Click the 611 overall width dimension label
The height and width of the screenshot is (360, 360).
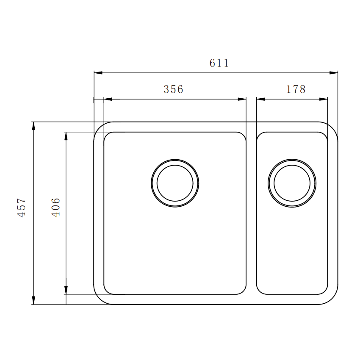coord(219,64)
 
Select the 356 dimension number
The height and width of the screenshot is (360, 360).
coord(173,90)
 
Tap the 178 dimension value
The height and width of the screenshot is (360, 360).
coord(296,90)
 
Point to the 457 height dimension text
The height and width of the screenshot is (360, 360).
coord(22,208)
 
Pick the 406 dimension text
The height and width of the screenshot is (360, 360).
coord(56,208)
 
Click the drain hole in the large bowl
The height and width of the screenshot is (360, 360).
coord(175,183)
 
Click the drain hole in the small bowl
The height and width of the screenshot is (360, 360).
coord(292,183)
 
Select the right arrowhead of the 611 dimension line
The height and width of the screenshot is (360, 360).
coord(333,73)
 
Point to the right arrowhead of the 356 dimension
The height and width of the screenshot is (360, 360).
coord(242,99)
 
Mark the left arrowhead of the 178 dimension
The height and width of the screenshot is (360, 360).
coord(261,99)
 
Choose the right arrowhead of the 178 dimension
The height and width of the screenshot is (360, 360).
coord(323,99)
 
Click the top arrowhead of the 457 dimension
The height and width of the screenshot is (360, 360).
coord(33,126)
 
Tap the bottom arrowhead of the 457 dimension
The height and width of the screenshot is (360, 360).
coord(33,300)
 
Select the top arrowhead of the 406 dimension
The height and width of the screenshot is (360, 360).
coord(66,136)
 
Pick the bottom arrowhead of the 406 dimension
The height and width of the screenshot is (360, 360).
coord(66,290)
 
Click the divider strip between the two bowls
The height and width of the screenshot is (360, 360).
coord(251,212)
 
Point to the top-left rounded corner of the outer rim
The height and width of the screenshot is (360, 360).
coord(100,127)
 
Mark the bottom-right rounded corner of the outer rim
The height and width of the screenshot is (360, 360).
coord(332,299)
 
